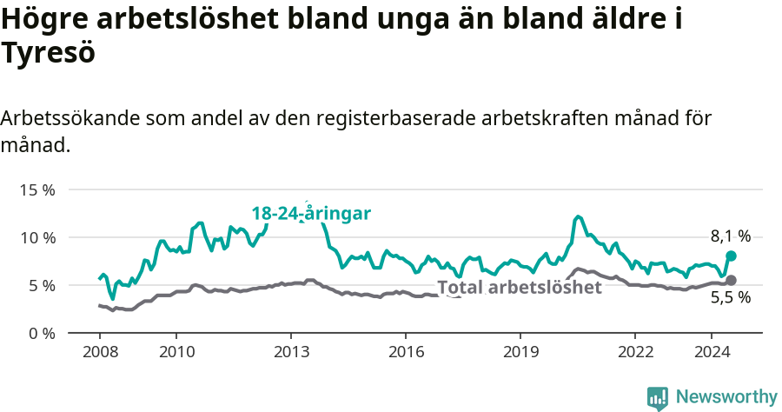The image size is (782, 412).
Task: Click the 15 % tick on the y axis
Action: (36, 189)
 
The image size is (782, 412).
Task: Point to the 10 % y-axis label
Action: (36, 237)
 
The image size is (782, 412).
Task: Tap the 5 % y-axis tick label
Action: (40, 285)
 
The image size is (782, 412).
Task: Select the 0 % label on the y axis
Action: (40, 333)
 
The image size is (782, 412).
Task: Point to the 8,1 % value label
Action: (731, 236)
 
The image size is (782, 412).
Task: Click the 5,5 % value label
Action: (731, 297)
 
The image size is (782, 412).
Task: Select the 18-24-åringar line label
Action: (312, 213)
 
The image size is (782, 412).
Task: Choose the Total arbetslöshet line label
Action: (520, 288)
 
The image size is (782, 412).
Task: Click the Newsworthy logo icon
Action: (658, 397)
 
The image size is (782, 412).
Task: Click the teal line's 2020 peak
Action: (578, 216)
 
